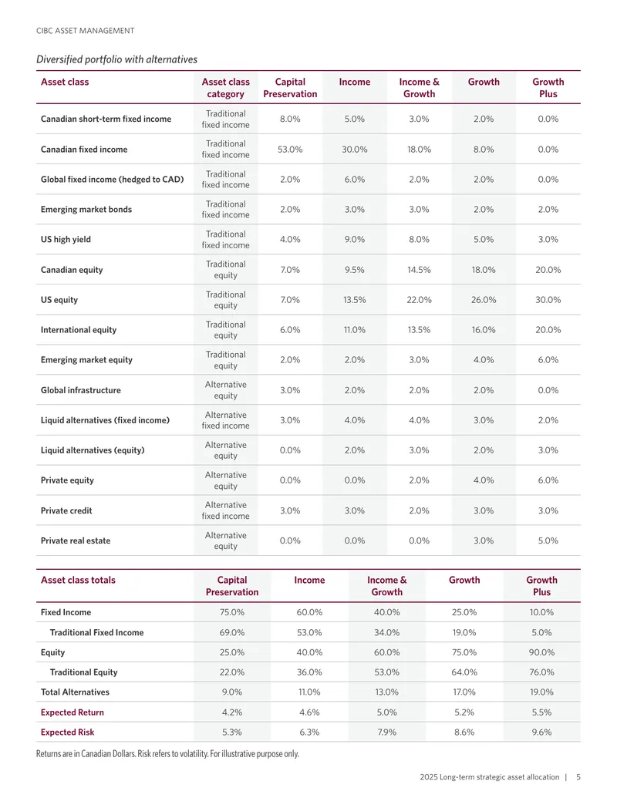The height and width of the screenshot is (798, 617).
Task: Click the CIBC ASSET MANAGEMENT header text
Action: tap(86, 31)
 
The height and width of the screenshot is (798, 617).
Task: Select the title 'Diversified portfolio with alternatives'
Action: tap(116, 59)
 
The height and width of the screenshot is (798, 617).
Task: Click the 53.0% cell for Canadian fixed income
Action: tap(290, 149)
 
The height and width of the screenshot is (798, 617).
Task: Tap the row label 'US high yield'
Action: tap(66, 239)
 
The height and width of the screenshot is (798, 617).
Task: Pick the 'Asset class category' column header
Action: tap(225, 88)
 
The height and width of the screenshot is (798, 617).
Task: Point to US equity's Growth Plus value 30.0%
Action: tap(548, 300)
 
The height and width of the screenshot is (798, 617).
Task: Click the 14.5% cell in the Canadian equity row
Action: tap(419, 270)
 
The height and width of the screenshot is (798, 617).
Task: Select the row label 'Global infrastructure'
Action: tap(81, 390)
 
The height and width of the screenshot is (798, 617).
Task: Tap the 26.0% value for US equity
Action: tap(484, 300)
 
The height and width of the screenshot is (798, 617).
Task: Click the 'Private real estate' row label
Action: tap(76, 540)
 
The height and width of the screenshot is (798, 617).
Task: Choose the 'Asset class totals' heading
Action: tap(78, 580)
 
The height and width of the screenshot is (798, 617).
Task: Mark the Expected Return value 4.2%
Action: tap(232, 712)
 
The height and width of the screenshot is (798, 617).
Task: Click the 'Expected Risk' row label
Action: tap(67, 732)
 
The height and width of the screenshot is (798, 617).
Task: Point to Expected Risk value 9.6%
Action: tap(541, 732)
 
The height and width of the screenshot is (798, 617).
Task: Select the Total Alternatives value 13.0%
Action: tap(387, 692)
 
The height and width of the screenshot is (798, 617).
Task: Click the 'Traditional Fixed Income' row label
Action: tap(96, 632)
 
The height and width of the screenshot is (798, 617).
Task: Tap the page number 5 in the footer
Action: tap(578, 777)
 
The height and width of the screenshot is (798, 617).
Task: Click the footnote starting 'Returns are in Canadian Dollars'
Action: tap(167, 754)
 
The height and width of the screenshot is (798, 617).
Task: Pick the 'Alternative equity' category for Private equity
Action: tap(225, 480)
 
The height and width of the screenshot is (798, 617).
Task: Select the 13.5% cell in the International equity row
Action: tap(419, 330)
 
